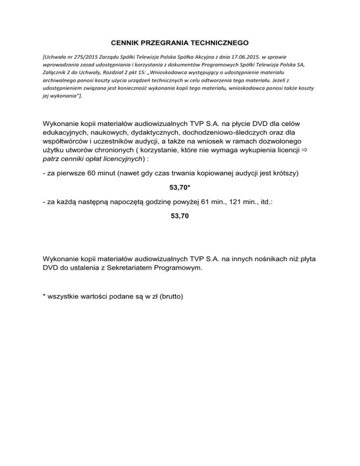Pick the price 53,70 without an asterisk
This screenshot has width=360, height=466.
(180, 216)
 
